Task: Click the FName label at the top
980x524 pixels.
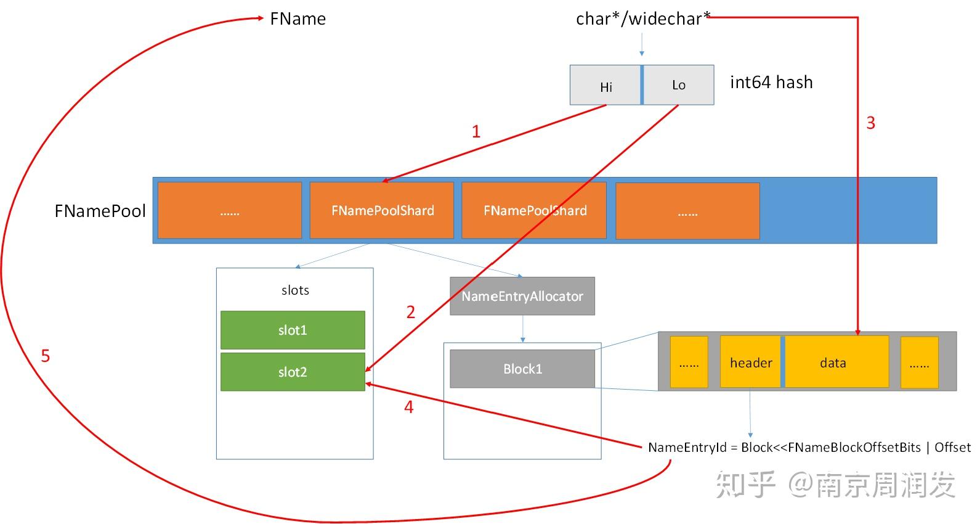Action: click(298, 19)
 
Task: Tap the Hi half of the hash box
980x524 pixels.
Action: click(605, 86)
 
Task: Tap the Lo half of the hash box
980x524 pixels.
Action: click(678, 85)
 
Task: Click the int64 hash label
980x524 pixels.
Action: click(771, 82)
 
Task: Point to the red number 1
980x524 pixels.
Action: click(476, 131)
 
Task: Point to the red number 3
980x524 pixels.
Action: click(870, 123)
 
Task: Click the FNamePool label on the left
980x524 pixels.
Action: click(100, 211)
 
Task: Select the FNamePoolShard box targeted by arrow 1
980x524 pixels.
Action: click(382, 210)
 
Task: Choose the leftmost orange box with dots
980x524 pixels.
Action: click(229, 211)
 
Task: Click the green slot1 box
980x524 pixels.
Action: click(293, 330)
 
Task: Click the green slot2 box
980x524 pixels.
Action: click(293, 372)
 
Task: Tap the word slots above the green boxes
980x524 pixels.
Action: click(295, 290)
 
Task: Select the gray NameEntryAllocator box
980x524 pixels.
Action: click(522, 296)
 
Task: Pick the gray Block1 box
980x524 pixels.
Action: click(522, 369)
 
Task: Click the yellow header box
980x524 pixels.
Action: click(750, 362)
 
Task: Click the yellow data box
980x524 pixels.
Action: click(833, 362)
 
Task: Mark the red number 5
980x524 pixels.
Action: click(45, 356)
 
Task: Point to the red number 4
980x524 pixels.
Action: click(408, 407)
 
